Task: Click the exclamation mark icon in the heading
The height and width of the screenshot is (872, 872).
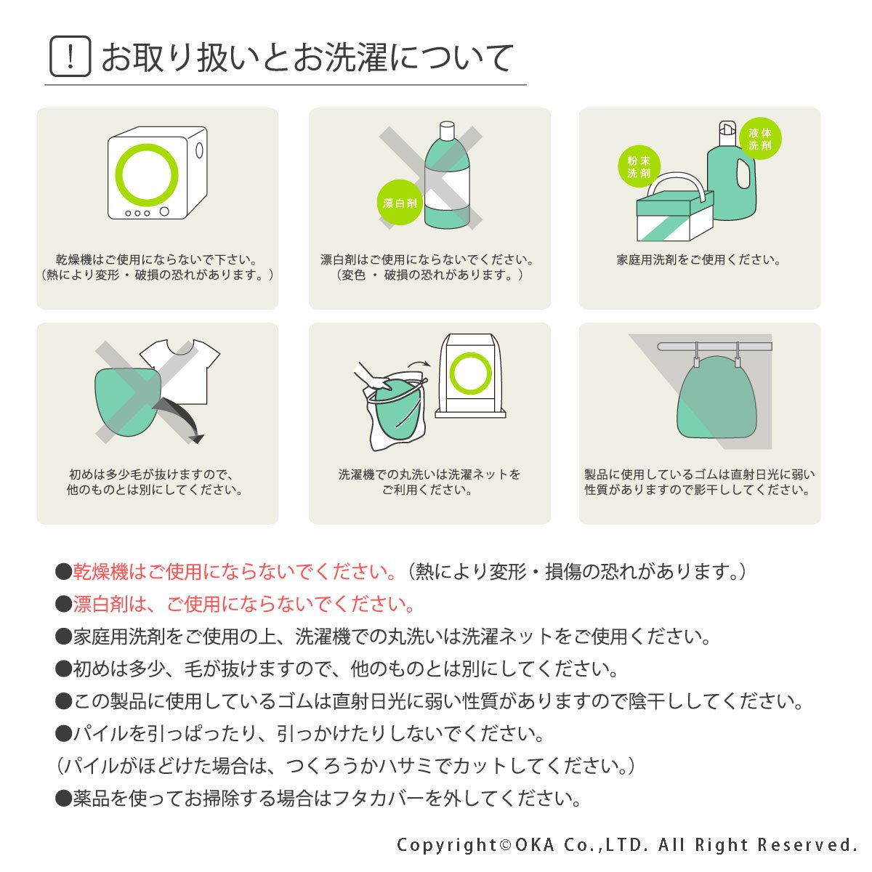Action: coord(70,57)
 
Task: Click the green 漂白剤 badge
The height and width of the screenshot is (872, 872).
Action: coord(400,202)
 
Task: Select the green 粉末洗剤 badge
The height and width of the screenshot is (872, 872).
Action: coord(639,166)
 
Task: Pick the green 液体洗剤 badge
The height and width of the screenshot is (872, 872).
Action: coord(760,139)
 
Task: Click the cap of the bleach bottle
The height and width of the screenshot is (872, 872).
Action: coord(447,130)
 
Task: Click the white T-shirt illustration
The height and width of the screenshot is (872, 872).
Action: coord(181,371)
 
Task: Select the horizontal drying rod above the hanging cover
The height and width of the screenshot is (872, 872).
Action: coord(714,347)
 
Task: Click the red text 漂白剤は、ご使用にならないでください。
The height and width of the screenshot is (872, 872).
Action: coord(244,604)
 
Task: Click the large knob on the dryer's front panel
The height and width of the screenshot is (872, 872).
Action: coord(164,211)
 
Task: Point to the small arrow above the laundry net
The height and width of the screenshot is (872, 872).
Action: coord(419,363)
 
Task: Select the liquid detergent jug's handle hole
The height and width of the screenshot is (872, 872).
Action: coord(743,174)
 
